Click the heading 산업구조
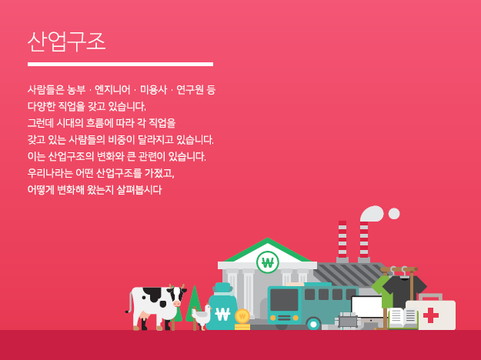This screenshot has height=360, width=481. point(66,42)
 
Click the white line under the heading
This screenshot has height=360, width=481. point(120,65)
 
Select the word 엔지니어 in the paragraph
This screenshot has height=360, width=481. point(112,89)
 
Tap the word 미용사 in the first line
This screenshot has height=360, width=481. point(153,89)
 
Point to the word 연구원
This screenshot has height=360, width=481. point(189,89)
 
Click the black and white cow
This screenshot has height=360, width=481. point(156,307)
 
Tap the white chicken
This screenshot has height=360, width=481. point(201,317)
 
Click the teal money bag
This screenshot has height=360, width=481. point(222,308)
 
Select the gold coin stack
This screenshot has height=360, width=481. point(242,320)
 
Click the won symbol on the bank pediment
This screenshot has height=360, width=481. point(268,263)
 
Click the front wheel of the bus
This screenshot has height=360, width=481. point(313,324)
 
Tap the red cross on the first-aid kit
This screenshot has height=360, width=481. point(431,315)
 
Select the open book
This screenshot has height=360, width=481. point(403,318)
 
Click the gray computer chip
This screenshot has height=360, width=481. point(348,322)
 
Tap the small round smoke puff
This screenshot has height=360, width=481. point(394,214)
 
